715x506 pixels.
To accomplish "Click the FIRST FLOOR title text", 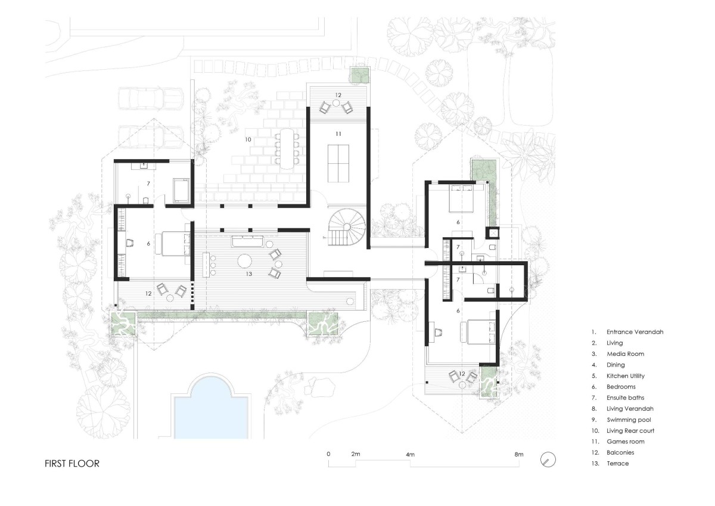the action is coord(72,464).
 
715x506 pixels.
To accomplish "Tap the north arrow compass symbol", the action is coord(548,460).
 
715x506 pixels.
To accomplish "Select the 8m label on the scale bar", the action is coord(519,454).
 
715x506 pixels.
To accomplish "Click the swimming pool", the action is coord(211,409).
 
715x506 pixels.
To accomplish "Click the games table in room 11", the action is coord(338,163).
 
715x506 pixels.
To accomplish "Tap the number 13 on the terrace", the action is coord(249,274).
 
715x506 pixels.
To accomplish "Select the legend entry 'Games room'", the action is coord(625,442).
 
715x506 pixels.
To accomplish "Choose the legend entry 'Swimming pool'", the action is coord(629,420).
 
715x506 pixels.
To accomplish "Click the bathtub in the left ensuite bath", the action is coord(181,191).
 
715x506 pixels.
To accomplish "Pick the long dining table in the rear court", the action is coord(287,149).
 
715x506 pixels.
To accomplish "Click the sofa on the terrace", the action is coord(248,241).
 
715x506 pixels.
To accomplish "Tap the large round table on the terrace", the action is coord(245,261).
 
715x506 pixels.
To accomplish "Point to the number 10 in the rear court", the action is coord(248,139).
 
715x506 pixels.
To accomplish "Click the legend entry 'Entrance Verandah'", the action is coord(635,332).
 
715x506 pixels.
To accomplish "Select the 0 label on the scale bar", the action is coord(328,454).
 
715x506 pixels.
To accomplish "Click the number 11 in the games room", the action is coord(338,134).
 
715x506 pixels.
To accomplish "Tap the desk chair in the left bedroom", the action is coord(130,243).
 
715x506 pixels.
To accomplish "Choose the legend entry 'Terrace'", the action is coord(618,464).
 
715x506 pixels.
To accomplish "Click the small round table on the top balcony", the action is coord(336,103).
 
